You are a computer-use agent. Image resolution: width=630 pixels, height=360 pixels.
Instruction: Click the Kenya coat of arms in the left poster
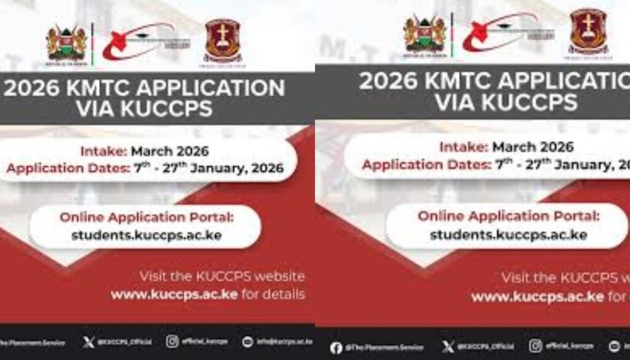click(66, 42)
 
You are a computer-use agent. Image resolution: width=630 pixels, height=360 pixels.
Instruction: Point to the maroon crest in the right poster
click(588, 30)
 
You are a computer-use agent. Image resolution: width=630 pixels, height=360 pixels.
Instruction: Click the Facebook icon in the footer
click(336, 348)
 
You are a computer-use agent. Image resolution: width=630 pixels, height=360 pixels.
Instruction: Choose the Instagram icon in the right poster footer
click(535, 346)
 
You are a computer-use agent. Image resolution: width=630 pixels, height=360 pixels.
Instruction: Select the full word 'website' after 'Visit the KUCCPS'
click(274, 276)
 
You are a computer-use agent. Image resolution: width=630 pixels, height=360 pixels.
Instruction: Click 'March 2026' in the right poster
click(533, 147)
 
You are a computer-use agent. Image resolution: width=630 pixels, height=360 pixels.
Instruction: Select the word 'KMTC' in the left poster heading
click(104, 89)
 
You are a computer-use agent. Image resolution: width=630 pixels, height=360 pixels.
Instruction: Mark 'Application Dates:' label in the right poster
click(425, 165)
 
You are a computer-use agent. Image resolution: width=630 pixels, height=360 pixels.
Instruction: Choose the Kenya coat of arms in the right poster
click(424, 34)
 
